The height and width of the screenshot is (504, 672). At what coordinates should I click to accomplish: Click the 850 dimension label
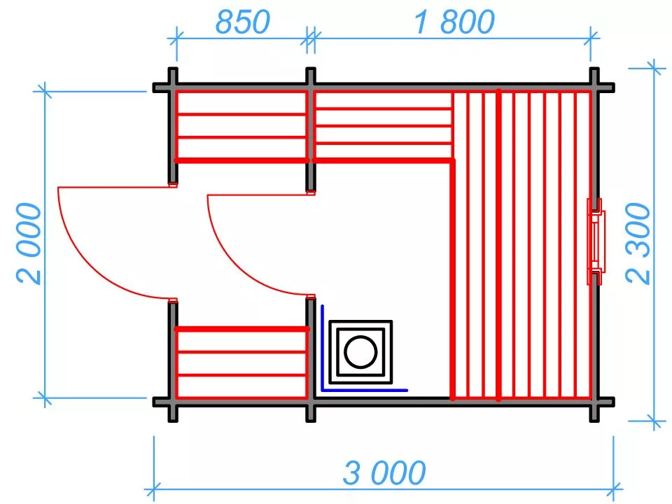tap(241, 23)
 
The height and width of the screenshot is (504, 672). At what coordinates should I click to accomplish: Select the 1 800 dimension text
tap(454, 23)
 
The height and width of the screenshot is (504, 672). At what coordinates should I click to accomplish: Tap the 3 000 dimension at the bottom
tap(384, 474)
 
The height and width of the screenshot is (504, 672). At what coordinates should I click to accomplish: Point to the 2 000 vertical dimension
tap(28, 243)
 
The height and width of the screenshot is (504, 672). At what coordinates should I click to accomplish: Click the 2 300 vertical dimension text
tap(638, 243)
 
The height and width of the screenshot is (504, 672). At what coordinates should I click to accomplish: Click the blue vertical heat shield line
tap(322, 346)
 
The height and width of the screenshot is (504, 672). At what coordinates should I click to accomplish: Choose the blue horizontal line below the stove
tap(364, 390)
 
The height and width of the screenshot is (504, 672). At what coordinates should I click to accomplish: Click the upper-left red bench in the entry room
tap(241, 126)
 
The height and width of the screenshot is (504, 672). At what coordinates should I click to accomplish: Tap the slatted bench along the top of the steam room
tap(382, 126)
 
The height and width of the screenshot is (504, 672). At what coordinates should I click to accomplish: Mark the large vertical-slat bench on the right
tap(521, 245)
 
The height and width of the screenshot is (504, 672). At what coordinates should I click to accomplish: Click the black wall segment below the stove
tap(381, 398)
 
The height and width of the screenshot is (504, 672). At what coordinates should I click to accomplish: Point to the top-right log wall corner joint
tap(594, 87)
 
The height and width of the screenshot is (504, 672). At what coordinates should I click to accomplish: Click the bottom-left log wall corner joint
tap(172, 402)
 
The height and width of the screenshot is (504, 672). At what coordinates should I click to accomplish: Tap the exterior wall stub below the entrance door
tap(172, 350)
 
